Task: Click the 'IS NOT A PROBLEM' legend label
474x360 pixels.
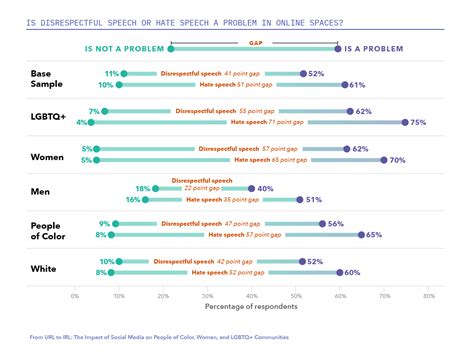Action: point(126,48)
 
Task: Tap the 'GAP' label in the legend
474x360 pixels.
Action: point(256,43)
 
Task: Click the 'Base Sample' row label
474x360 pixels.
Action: point(46,79)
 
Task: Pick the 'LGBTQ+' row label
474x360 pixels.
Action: point(49,117)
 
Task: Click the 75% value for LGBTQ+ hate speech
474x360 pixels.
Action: point(419,122)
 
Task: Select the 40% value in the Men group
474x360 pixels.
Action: point(266,188)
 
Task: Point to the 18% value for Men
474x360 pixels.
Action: point(142,188)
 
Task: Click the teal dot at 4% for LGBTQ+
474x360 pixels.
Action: point(91,122)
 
